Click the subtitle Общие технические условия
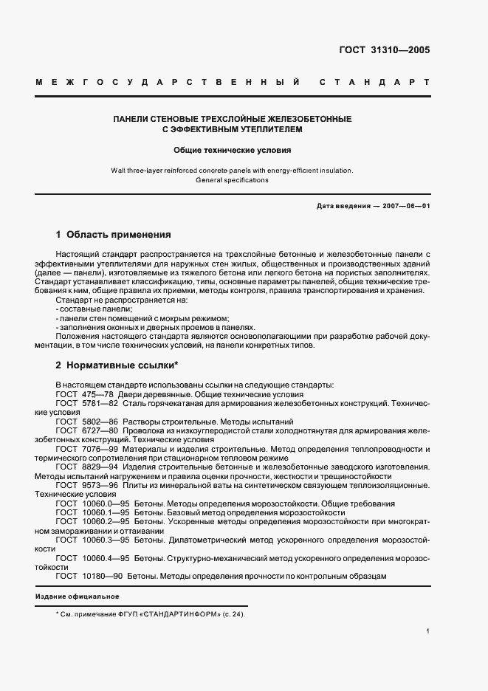click(233, 148)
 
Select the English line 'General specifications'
click(233, 180)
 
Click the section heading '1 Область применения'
click(113, 235)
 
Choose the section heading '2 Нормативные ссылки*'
click(117, 365)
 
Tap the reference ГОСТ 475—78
click(80, 394)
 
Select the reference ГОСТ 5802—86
click(80, 421)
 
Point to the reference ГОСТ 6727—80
click(80, 430)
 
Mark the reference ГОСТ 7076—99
click(80, 449)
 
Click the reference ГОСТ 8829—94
click(80, 467)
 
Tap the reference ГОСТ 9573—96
click(80, 485)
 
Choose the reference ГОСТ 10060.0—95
click(86, 503)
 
